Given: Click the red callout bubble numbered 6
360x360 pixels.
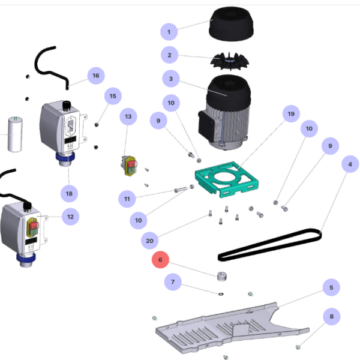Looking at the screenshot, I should tap(161, 260).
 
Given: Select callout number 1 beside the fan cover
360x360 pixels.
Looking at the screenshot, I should tap(169, 32).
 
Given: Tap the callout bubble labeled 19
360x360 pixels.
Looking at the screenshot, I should tap(291, 114).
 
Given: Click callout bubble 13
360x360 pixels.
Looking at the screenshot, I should tap(128, 115).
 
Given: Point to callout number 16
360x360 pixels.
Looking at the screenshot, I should tap(95, 76).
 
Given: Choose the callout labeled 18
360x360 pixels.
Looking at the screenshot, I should tap(69, 193).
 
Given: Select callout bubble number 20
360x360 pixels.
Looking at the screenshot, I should tap(150, 241).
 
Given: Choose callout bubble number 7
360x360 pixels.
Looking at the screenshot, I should tap(173, 281).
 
